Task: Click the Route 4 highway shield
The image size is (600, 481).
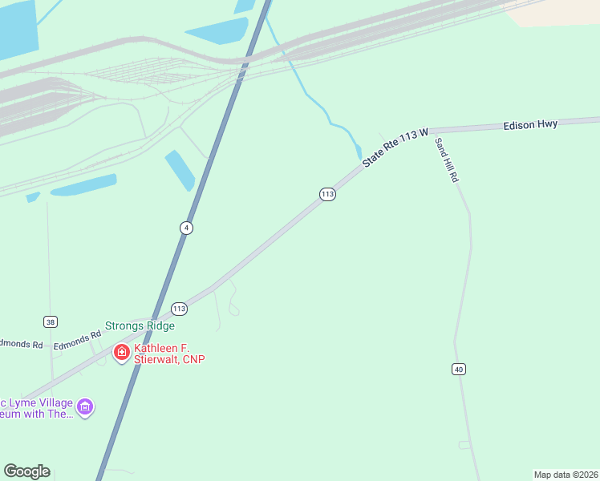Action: click(x=186, y=228)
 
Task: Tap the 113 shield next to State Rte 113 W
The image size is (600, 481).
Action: click(x=327, y=194)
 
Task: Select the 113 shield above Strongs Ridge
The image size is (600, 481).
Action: click(x=179, y=309)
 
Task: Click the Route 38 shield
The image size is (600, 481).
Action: click(x=51, y=322)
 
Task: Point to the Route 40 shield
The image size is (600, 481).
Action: click(x=458, y=369)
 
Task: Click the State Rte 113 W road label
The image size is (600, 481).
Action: click(x=396, y=147)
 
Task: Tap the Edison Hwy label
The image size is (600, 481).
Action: click(x=530, y=125)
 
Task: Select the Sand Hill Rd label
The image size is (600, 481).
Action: click(x=446, y=160)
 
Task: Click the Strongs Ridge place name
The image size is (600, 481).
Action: click(x=140, y=326)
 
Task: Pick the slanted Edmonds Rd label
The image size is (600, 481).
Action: click(x=78, y=340)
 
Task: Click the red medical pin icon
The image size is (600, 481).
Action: click(x=121, y=353)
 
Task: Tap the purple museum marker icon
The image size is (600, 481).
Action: click(x=85, y=407)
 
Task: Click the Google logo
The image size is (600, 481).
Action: click(x=26, y=471)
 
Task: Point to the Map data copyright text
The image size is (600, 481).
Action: click(x=566, y=475)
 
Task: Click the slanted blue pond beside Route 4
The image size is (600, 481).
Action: click(x=180, y=170)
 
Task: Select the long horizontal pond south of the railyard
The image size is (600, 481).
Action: click(x=83, y=185)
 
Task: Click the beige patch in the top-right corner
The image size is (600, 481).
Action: click(x=553, y=12)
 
